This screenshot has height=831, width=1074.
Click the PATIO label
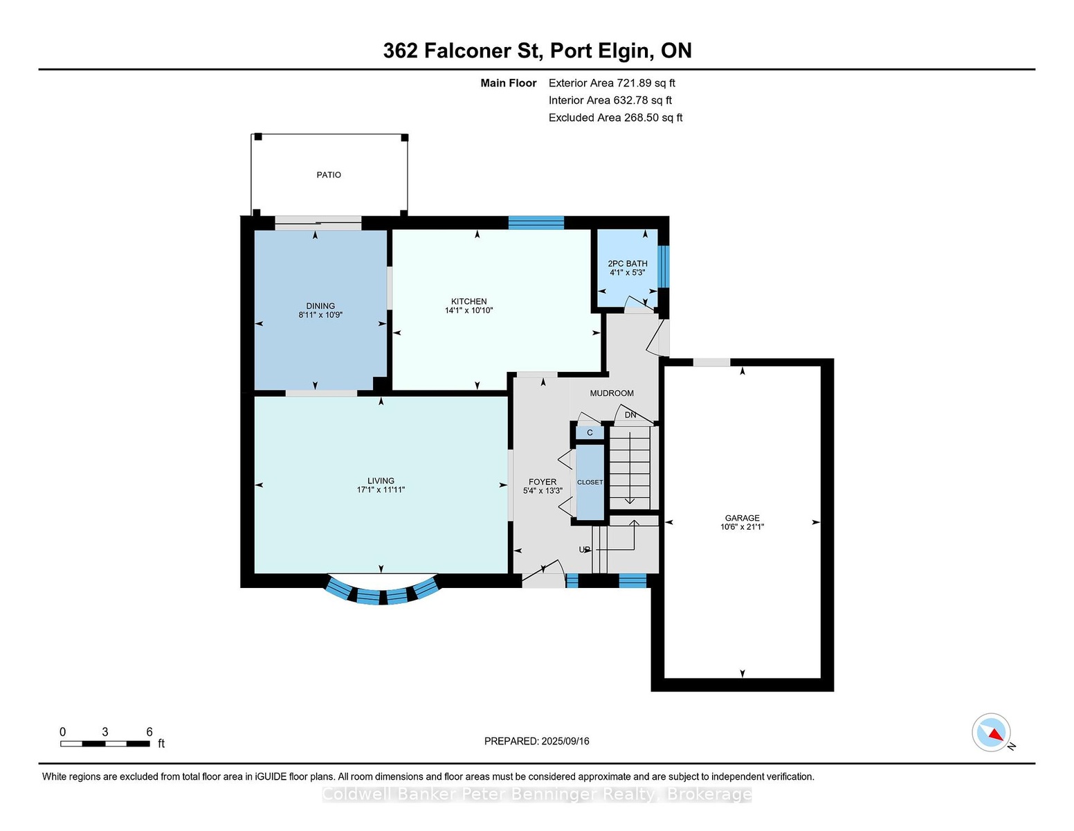click(329, 175)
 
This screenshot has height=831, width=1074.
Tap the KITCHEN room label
click(468, 301)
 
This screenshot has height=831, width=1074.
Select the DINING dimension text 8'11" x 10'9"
click(320, 315)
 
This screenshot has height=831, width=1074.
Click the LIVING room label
click(381, 481)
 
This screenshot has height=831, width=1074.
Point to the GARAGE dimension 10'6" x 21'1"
click(742, 527)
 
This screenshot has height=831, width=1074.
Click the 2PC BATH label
click(627, 263)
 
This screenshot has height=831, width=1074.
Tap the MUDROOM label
click(611, 393)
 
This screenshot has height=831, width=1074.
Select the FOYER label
click(542, 482)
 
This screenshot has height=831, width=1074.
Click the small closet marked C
click(590, 433)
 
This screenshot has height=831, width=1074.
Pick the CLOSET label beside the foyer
click(590, 482)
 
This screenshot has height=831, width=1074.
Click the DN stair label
click(630, 415)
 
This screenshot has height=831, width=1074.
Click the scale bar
click(104, 744)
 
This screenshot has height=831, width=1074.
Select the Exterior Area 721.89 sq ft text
click(611, 83)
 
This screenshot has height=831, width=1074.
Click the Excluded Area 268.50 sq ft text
click(615, 118)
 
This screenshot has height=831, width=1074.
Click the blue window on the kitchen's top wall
click(536, 222)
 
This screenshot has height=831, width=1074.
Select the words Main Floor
click(508, 83)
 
